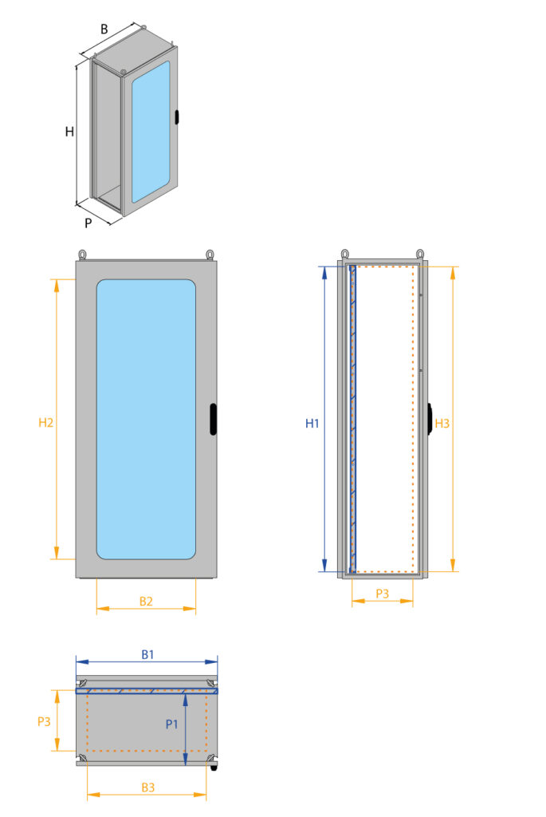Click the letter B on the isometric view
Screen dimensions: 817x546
pyautogui.click(x=104, y=29)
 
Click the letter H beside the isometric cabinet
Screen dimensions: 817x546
pyautogui.click(x=69, y=132)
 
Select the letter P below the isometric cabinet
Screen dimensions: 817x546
pyautogui.click(x=88, y=223)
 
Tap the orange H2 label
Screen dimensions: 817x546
pyautogui.click(x=45, y=423)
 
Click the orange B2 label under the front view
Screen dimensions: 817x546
pyautogui.click(x=146, y=601)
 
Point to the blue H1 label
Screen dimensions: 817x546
pyautogui.click(x=312, y=424)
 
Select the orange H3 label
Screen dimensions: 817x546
pyautogui.click(x=442, y=424)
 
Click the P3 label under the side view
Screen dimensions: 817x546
pyautogui.click(x=382, y=594)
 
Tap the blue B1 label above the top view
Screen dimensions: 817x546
pyautogui.click(x=147, y=654)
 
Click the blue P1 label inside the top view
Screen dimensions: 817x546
pyautogui.click(x=171, y=724)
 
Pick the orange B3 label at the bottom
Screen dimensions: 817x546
pyautogui.click(x=148, y=787)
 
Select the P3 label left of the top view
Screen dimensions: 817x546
pyautogui.click(x=45, y=721)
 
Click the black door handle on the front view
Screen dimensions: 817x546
pyautogui.click(x=214, y=420)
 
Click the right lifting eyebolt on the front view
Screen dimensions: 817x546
pyautogui.click(x=210, y=254)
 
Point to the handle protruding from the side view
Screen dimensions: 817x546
pyautogui.click(x=430, y=419)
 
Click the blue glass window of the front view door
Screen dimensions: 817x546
pyautogui.click(x=146, y=419)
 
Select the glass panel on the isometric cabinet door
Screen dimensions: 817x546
pyautogui.click(x=151, y=128)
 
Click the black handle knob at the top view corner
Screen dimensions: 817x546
pyautogui.click(x=214, y=768)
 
